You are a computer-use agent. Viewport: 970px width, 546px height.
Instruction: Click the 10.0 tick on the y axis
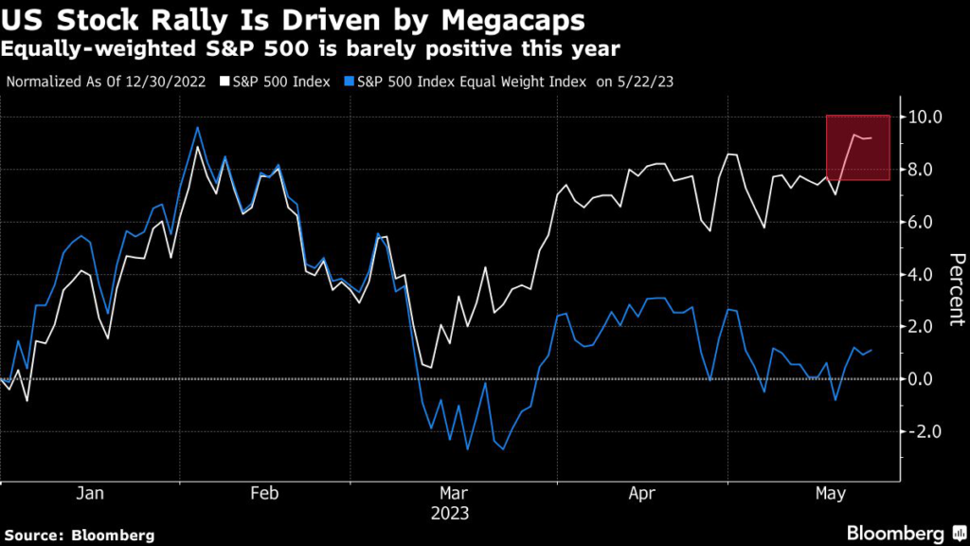pyautogui.click(x=924, y=118)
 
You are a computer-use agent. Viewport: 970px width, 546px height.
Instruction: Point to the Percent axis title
pyautogui.click(x=956, y=289)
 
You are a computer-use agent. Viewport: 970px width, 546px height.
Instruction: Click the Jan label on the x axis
pyautogui.click(x=89, y=494)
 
